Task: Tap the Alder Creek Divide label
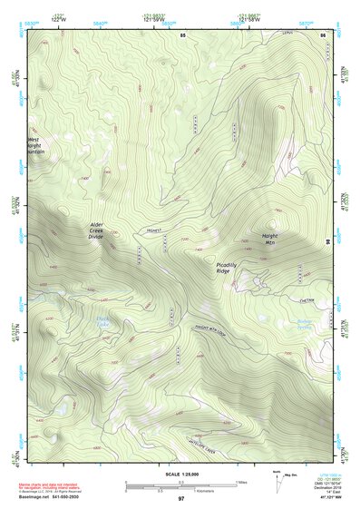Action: [x=102, y=230]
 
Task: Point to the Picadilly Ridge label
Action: [x=229, y=268]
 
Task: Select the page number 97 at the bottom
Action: [x=181, y=499]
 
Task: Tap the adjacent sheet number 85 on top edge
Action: [x=181, y=34]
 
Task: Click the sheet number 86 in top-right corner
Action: [x=323, y=34]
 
